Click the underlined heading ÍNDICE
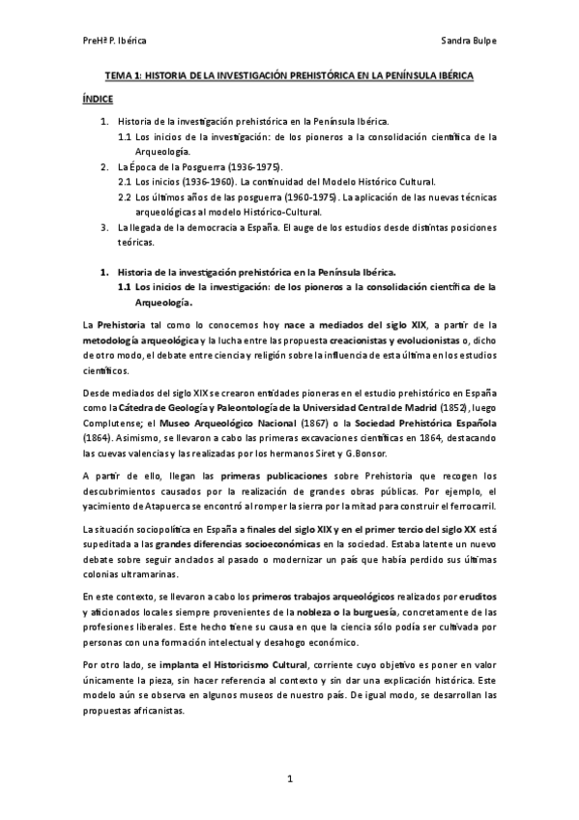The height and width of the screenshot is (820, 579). (98, 99)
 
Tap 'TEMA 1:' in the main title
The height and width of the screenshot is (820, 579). (124, 75)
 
